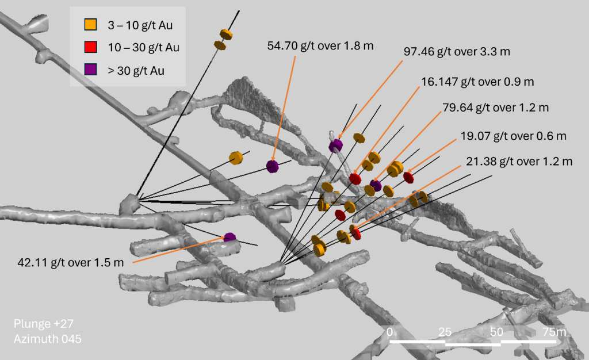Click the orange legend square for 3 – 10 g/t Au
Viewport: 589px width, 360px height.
[90, 24]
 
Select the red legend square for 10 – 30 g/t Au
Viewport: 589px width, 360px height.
[90, 47]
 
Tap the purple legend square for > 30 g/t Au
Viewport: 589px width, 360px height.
[90, 70]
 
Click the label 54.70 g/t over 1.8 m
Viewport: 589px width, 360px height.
[320, 46]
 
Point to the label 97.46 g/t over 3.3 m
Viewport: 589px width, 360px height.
[457, 51]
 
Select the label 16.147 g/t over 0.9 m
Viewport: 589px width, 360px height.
[477, 82]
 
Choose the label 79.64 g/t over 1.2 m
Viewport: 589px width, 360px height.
[495, 108]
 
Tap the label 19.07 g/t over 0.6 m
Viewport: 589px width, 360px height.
[513, 136]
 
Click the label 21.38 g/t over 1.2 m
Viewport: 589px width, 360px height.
[519, 162]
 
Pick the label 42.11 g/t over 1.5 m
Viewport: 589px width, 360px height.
[71, 262]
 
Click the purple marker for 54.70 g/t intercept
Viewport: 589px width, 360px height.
[272, 166]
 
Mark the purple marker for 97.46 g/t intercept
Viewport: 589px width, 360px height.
[335, 145]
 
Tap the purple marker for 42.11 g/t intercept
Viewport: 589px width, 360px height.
[230, 238]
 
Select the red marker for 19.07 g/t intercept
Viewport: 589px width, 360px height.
[409, 177]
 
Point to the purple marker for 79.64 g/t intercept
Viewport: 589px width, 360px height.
[376, 185]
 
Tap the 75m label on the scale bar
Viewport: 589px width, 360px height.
[554, 332]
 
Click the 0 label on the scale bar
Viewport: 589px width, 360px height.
[389, 332]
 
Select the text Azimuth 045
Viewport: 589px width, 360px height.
[47, 339]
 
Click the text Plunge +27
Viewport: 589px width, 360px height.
[44, 324]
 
